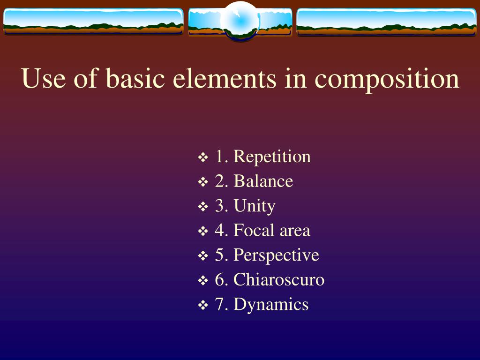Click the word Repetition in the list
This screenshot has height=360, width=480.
point(272,157)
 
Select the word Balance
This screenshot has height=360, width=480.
point(263,181)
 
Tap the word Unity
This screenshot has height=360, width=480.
point(254,206)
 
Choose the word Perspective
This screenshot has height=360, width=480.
point(276,255)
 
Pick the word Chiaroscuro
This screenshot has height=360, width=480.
point(279,280)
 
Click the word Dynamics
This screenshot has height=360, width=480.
point(271,305)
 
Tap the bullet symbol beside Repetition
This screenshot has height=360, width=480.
point(203,157)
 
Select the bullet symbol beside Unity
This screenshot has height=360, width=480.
point(203,207)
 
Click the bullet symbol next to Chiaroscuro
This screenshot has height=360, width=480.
point(203,281)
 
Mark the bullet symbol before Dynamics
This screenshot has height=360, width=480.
point(203,306)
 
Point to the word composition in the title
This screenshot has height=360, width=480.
point(387,79)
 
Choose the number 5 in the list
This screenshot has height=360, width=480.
point(219,255)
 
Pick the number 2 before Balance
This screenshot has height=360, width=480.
point(219,181)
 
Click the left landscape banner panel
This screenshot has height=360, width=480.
point(93,22)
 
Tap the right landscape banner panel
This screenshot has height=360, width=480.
point(387,22)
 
